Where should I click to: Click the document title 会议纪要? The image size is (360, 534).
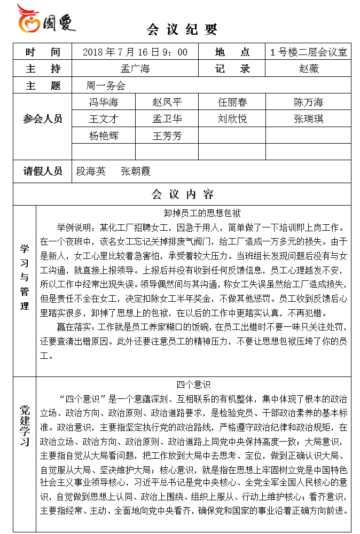click(x=182, y=29)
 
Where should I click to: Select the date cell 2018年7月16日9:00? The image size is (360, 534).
click(x=135, y=52)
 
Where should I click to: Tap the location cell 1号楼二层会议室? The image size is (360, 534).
click(x=309, y=52)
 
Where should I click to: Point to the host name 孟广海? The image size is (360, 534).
click(x=135, y=68)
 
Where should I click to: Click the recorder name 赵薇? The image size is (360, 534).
click(x=309, y=68)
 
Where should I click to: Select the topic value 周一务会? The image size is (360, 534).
click(x=106, y=85)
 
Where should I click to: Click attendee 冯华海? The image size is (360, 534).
click(x=104, y=102)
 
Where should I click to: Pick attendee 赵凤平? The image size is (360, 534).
click(x=167, y=102)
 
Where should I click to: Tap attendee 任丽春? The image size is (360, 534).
click(x=232, y=102)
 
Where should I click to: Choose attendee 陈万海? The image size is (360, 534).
click(x=309, y=102)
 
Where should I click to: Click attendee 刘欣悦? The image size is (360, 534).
click(x=232, y=119)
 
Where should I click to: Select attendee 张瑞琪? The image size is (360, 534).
click(x=309, y=119)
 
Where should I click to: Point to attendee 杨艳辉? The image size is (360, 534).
click(x=104, y=136)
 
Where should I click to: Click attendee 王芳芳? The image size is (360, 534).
click(x=167, y=136)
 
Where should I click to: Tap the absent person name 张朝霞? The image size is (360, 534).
click(x=136, y=171)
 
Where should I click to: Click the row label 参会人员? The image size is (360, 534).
click(x=43, y=119)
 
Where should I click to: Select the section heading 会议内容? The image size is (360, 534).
click(x=182, y=193)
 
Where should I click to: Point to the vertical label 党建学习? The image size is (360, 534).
click(x=25, y=426)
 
